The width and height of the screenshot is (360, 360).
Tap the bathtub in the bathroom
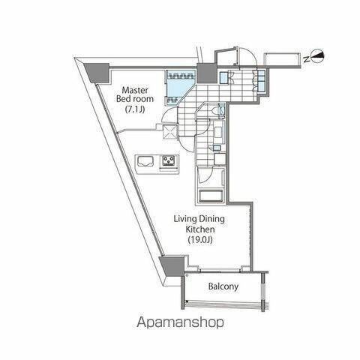(x=211, y=197)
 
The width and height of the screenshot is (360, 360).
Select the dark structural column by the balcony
(x=172, y=265)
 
